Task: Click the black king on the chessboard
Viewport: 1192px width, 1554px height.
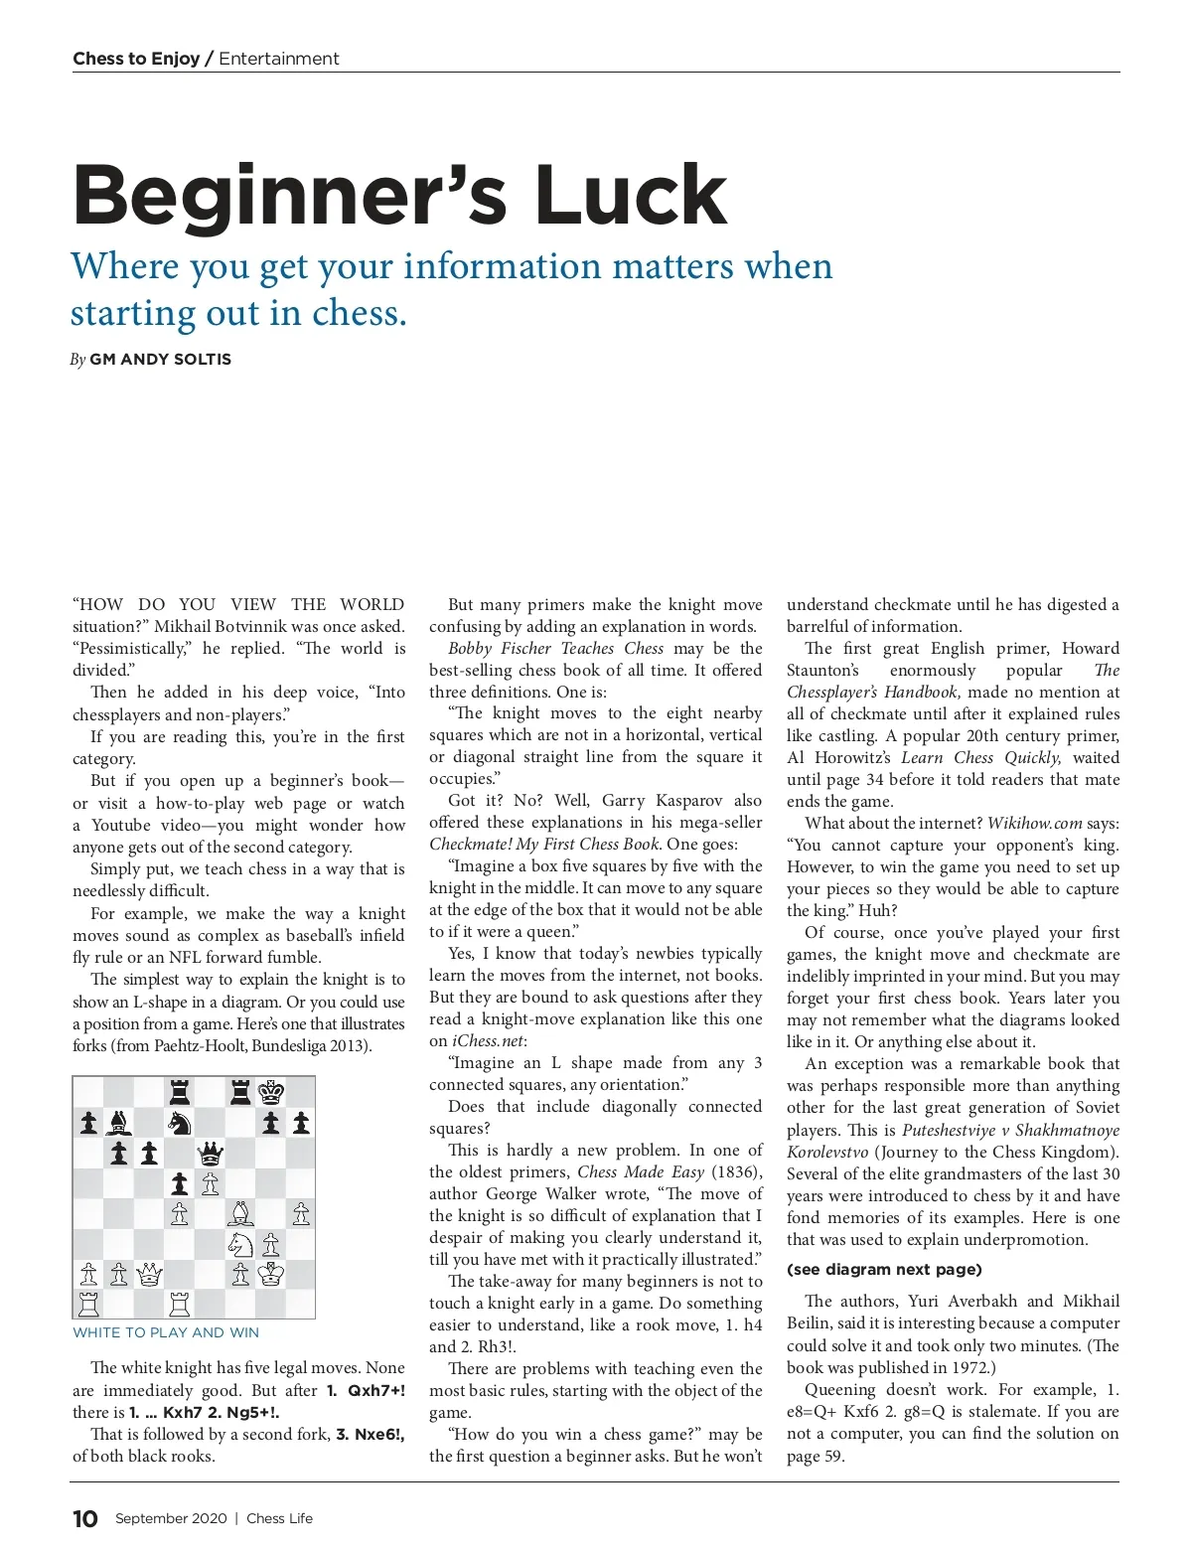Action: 271,1092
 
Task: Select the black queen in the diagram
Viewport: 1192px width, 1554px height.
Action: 211,1154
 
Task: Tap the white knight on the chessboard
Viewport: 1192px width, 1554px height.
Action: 240,1244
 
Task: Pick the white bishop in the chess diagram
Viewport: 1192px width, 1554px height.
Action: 240,1213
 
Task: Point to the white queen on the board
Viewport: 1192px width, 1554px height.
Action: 149,1274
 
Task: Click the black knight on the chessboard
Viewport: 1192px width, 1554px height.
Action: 180,1123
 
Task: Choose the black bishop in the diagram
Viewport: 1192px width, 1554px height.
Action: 119,1123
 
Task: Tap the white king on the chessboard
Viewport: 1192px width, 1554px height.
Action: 271,1274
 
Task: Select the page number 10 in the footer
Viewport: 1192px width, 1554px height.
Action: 85,1518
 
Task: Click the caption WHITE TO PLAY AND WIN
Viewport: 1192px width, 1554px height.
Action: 166,1332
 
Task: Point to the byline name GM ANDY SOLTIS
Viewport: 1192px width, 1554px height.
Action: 160,360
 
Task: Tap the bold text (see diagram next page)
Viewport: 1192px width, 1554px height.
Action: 884,1269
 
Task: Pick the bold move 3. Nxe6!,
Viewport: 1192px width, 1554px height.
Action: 370,1434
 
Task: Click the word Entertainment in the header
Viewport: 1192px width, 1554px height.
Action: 279,59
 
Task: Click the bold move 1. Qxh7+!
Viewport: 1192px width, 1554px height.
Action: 366,1390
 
